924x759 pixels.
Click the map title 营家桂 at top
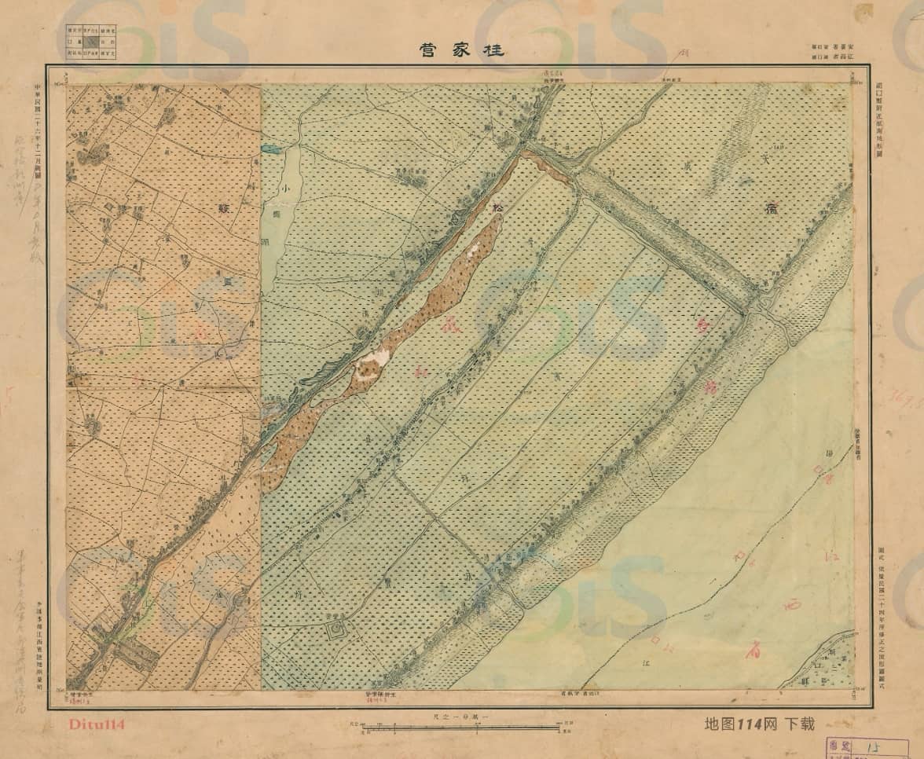[x=461, y=49]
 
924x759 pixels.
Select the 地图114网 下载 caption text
[x=759, y=724]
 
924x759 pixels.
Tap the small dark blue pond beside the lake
[x=271, y=148]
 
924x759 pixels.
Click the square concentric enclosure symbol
[x=336, y=629]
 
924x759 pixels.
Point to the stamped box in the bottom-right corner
[x=866, y=747]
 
